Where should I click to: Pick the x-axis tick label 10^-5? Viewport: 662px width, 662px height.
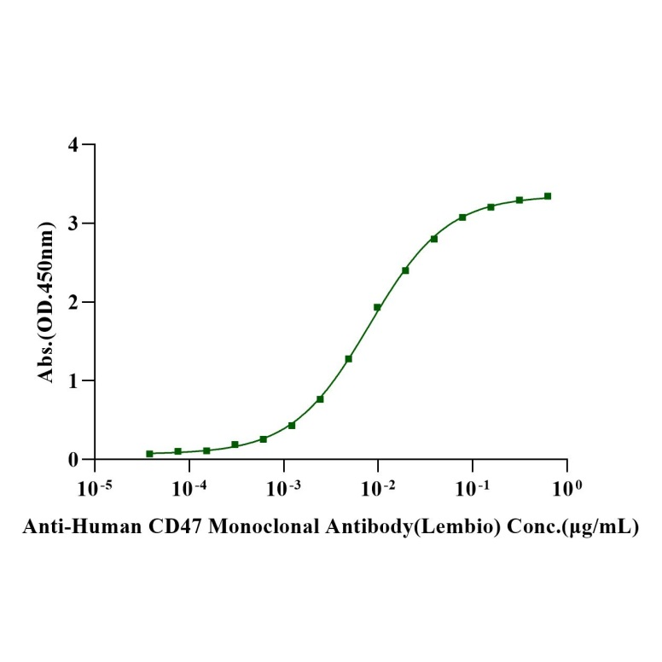[94, 488]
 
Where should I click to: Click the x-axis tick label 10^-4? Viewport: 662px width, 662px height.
[189, 488]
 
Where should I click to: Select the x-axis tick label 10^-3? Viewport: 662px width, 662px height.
[283, 488]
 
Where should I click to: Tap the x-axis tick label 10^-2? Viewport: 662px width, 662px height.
[377, 488]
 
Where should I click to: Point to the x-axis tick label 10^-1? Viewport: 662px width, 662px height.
[472, 488]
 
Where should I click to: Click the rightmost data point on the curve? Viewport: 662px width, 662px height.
[548, 196]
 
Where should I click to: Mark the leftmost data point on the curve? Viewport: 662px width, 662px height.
[149, 454]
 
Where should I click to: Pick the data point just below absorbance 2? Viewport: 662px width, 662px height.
[377, 307]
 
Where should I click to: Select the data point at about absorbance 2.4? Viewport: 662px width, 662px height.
[405, 270]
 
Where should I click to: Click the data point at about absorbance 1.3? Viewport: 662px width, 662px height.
[349, 358]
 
